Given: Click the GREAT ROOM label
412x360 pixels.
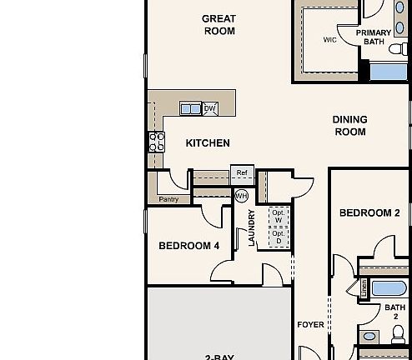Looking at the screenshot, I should point(219,25).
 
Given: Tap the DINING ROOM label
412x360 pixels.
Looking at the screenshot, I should point(350,126).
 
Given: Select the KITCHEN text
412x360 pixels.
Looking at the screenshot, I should point(208,143).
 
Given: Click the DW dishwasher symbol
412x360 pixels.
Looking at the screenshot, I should point(210,108).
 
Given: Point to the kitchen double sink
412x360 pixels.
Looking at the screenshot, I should point(190,108).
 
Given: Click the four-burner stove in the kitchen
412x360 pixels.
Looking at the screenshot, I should point(156,141).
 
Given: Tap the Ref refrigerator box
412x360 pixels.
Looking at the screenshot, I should point(242,173).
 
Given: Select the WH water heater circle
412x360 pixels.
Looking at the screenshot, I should point(241,196).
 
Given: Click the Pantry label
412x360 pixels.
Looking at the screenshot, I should point(168,200).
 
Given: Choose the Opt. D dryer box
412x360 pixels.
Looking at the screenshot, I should point(279,237).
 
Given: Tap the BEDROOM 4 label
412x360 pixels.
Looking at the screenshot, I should point(189,246).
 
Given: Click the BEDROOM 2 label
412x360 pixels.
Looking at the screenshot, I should point(369,213).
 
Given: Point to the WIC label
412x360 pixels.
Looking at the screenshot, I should point(329,39).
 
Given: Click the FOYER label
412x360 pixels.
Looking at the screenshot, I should point(310,324).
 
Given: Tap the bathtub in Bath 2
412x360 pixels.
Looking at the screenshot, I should point(389,290).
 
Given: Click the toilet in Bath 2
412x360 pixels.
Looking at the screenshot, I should point(398,336).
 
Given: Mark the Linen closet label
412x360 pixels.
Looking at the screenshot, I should point(364,288).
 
